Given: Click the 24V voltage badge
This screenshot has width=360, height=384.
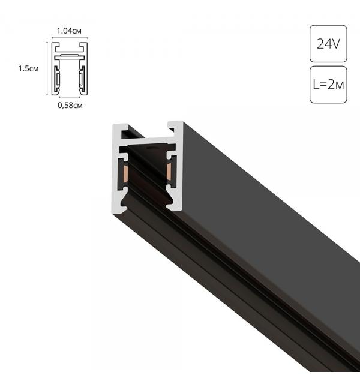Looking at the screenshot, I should pyautogui.click(x=328, y=43).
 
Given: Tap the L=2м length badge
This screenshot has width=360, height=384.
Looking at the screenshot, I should pyautogui.click(x=328, y=85).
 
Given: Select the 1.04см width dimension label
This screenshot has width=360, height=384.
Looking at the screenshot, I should pyautogui.click(x=70, y=29).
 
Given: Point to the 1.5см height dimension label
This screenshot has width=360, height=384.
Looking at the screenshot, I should pyautogui.click(x=28, y=68).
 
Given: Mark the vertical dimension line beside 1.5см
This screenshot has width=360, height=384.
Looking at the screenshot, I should pyautogui.click(x=47, y=68).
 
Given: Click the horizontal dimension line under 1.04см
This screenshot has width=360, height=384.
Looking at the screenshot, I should pyautogui.click(x=70, y=37).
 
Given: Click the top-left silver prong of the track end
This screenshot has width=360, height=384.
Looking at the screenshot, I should pyautogui.click(x=119, y=130).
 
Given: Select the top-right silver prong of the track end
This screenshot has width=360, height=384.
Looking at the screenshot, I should pyautogui.click(x=175, y=127).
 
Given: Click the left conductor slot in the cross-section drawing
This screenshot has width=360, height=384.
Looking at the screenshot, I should pyautogui.click(x=58, y=77).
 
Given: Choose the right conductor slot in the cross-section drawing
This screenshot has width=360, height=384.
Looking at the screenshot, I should pyautogui.click(x=82, y=77).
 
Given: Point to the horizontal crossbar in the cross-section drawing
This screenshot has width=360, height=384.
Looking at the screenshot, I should pyautogui.click(x=70, y=56).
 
